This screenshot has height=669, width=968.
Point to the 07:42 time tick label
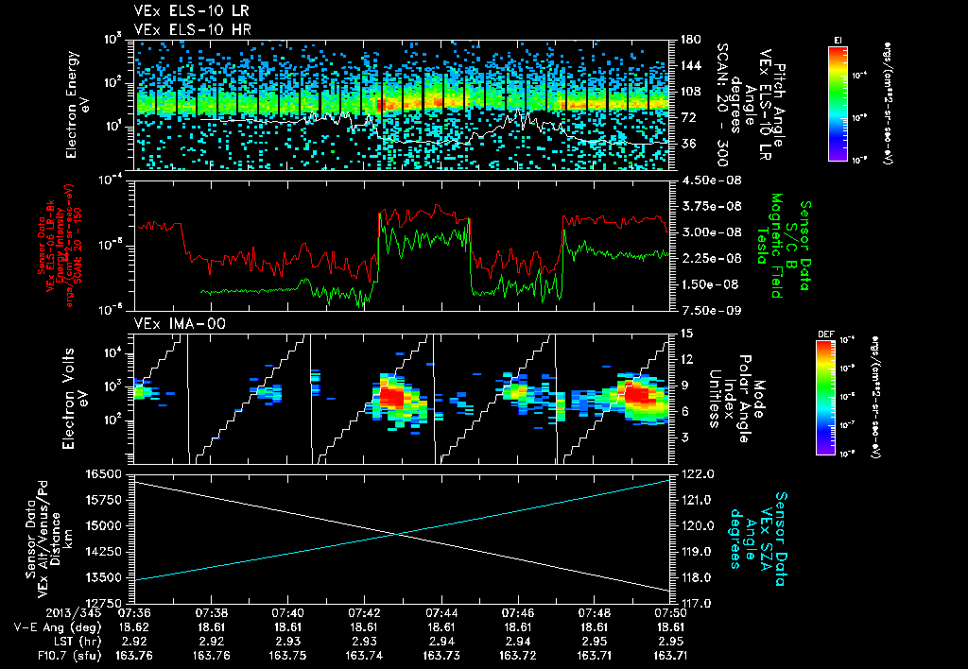[x=364, y=599]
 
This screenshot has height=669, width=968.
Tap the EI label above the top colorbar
[x=838, y=39]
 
